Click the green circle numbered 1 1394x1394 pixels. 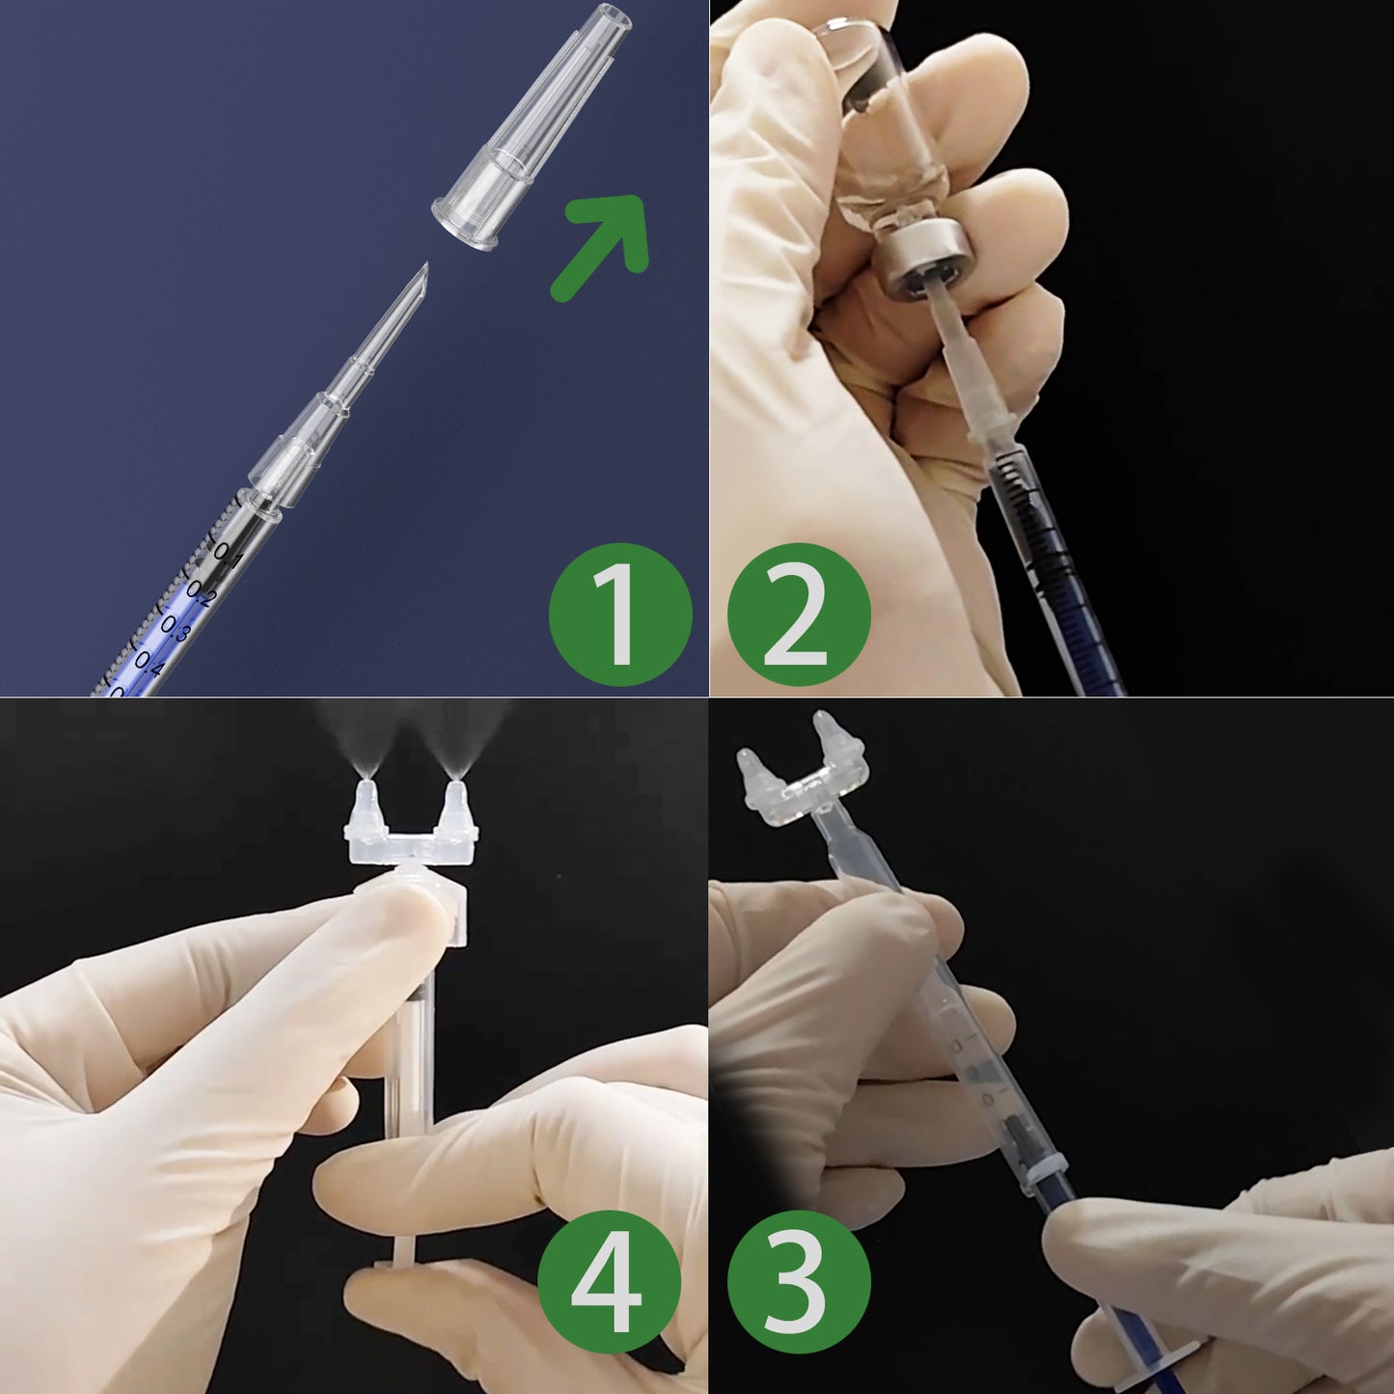tap(619, 615)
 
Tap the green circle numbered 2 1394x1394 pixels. tap(798, 615)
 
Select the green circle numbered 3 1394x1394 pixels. tap(798, 1281)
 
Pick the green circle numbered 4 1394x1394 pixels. tap(608, 1281)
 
